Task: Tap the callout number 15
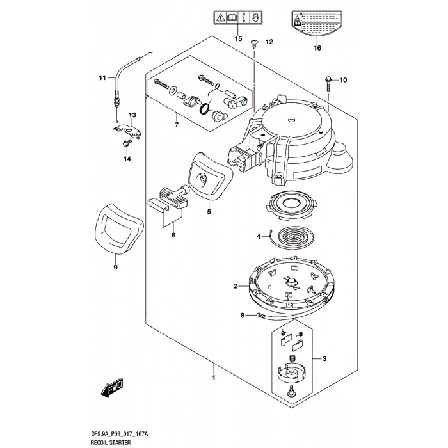238,39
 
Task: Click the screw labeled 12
255,43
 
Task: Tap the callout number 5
209,211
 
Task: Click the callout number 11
101,79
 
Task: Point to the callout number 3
324,358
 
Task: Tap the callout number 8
243,315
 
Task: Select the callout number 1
213,378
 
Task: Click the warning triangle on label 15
221,18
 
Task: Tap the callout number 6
173,235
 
